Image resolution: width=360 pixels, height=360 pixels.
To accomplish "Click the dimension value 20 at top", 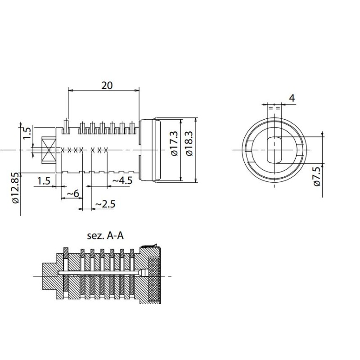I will (x=107, y=85).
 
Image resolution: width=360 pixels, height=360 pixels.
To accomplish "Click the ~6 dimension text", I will (x=73, y=193).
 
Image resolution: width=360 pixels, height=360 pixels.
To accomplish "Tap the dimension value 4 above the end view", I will (x=292, y=98).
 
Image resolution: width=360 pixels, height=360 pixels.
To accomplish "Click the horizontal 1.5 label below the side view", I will (x=44, y=181).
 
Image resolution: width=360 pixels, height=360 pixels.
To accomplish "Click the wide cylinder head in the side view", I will (x=150, y=150).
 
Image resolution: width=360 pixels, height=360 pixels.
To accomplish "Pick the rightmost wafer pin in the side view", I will (x=132, y=127).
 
